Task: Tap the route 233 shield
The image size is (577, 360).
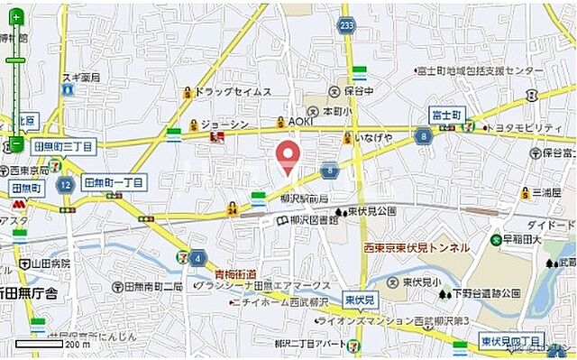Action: coord(348,26)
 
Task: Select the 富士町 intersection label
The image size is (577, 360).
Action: coord(445,115)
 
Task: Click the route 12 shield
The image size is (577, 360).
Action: coord(64,184)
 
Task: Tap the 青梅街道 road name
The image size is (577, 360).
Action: coord(235,273)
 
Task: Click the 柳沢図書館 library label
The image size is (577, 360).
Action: coord(312,219)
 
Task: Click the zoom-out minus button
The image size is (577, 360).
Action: coord(16,143)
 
